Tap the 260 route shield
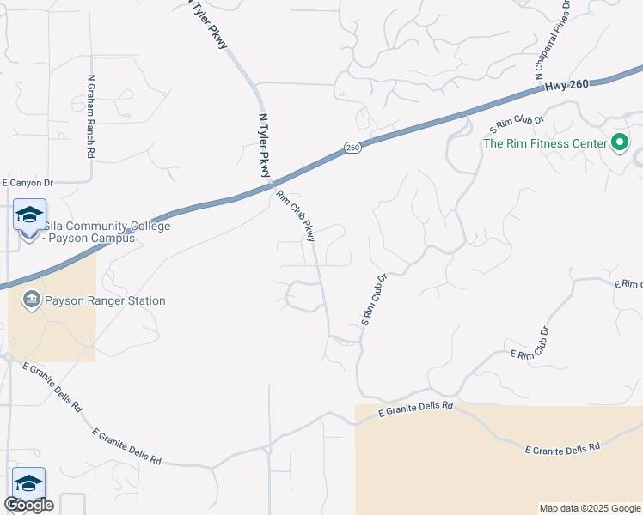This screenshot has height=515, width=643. pyautogui.click(x=352, y=148)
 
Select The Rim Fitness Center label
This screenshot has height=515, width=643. pyautogui.click(x=545, y=143)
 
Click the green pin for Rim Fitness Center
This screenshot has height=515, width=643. pyautogui.click(x=620, y=143)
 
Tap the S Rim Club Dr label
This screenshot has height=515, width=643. pyautogui.click(x=517, y=121)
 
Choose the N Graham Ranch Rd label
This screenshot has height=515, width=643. pyautogui.click(x=90, y=116)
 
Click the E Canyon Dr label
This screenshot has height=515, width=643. pyautogui.click(x=28, y=183)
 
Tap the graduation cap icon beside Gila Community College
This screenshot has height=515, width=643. pyautogui.click(x=29, y=215)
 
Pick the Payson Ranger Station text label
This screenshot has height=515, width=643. pyautogui.click(x=105, y=300)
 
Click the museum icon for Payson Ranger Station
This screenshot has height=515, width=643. pyautogui.click(x=32, y=300)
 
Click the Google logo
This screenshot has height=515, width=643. pyautogui.click(x=28, y=505)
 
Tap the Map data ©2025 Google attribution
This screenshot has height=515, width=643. pyautogui.click(x=589, y=508)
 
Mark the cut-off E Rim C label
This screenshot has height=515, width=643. pyautogui.click(x=628, y=284)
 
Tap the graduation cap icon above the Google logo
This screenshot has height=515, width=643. pyautogui.click(x=28, y=482)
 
